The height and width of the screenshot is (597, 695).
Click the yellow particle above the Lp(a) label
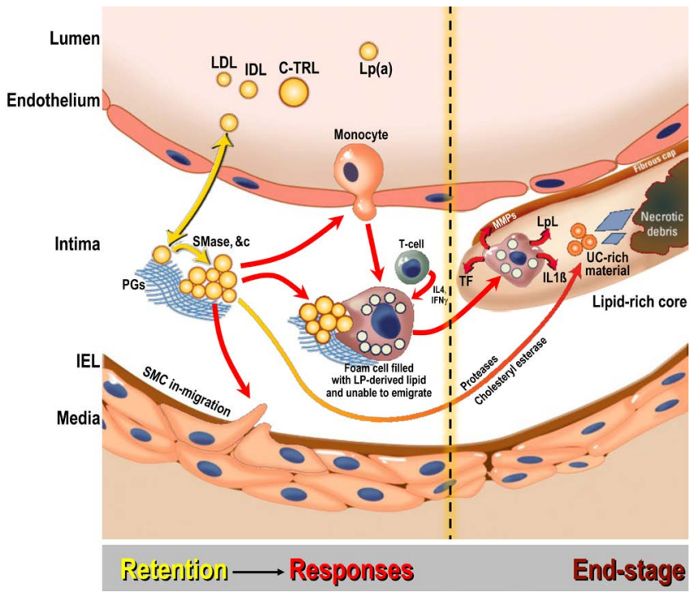368,51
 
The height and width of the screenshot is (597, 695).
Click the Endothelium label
53,101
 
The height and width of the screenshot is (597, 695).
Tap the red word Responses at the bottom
351,571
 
